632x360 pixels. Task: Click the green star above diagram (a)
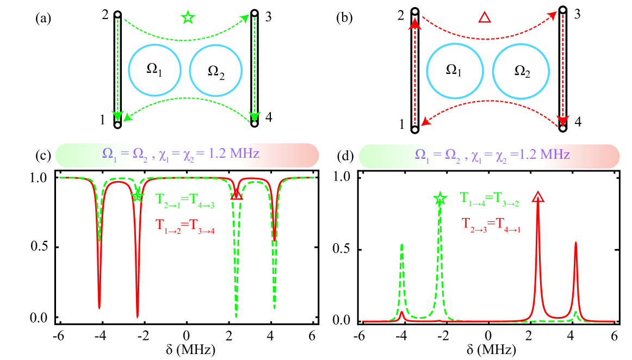tap(187, 17)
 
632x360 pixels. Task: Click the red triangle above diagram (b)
tap(484, 17)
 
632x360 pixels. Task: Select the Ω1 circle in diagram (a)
tap(155, 70)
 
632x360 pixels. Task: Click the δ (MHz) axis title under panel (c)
tap(187, 348)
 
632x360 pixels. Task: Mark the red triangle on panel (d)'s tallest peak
tap(538, 197)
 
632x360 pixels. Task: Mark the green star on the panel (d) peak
tap(439, 199)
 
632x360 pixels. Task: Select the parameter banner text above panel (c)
tap(186, 154)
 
